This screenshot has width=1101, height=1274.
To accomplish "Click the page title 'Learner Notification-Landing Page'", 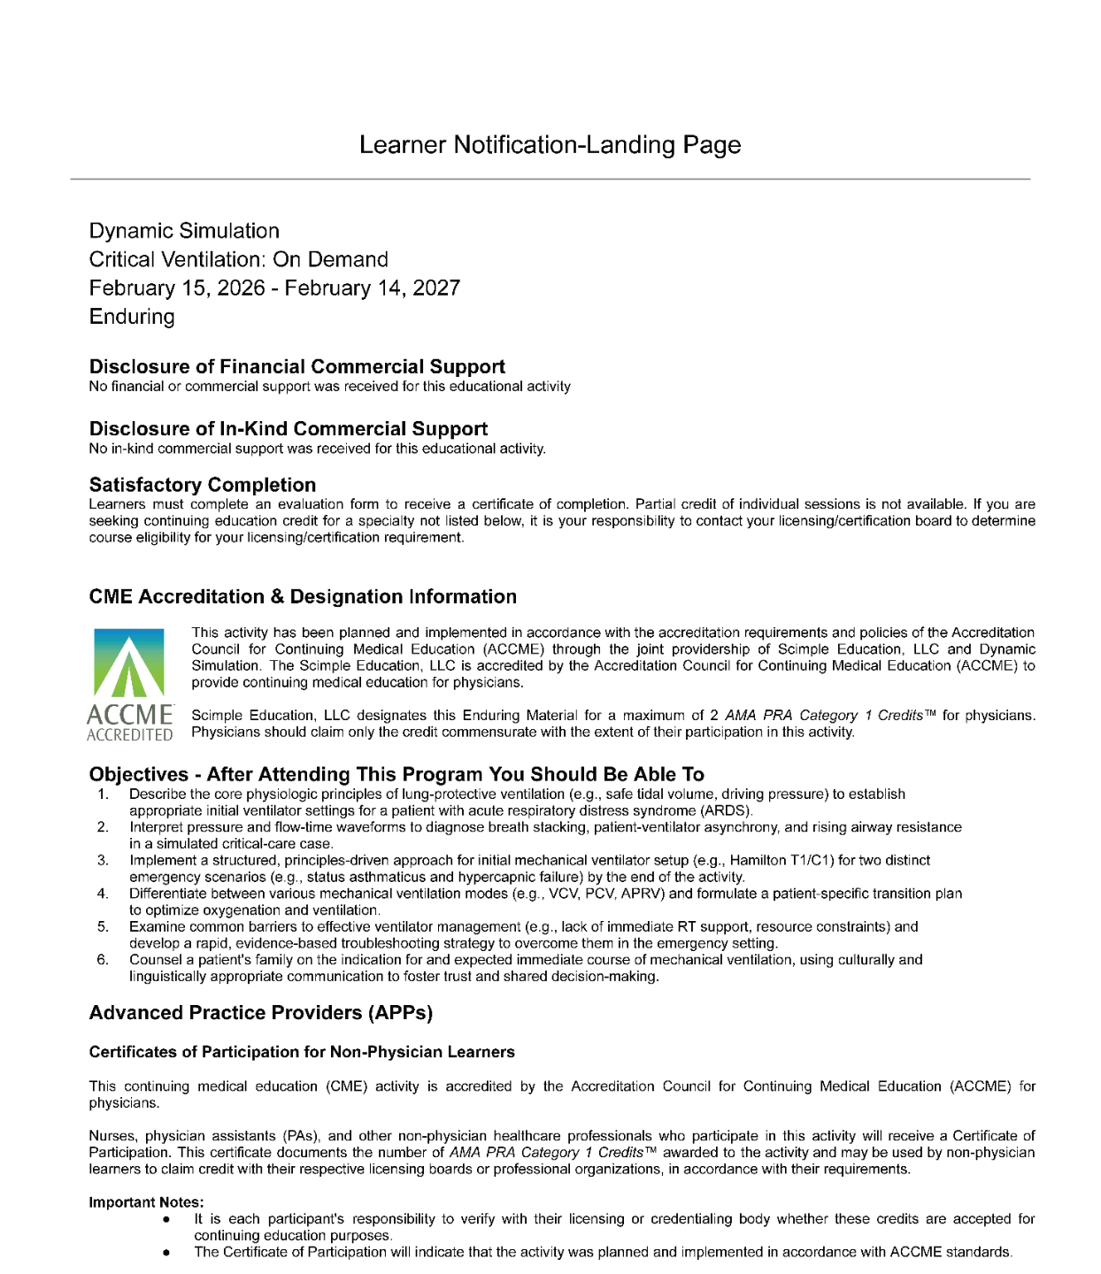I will [x=550, y=145].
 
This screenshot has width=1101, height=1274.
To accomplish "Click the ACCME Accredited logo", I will [x=129, y=684].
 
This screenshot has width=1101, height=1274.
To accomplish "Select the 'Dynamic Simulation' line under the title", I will [x=184, y=231].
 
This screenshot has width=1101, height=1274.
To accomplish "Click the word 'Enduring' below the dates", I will [x=132, y=317].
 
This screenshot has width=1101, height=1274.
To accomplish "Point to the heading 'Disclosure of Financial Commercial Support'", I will [x=296, y=366].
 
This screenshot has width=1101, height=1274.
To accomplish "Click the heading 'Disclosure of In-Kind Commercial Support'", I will [x=288, y=428].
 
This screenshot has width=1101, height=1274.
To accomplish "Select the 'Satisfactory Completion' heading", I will [x=202, y=485].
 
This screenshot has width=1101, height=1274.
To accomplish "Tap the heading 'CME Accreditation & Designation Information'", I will [x=303, y=596].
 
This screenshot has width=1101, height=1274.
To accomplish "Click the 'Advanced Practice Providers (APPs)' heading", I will [x=261, y=1013].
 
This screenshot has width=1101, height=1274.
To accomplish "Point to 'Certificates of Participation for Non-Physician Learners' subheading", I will [x=302, y=1052].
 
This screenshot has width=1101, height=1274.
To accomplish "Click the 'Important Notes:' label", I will [x=146, y=1202].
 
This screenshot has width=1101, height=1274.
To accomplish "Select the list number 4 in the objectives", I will [x=104, y=894].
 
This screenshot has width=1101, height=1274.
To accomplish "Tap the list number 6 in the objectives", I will [x=104, y=960].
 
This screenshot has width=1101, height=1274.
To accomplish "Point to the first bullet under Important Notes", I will [x=166, y=1219].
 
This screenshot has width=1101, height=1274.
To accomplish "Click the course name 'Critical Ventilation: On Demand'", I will [x=238, y=259].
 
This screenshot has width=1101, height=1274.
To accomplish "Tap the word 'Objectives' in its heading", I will [x=139, y=775].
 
